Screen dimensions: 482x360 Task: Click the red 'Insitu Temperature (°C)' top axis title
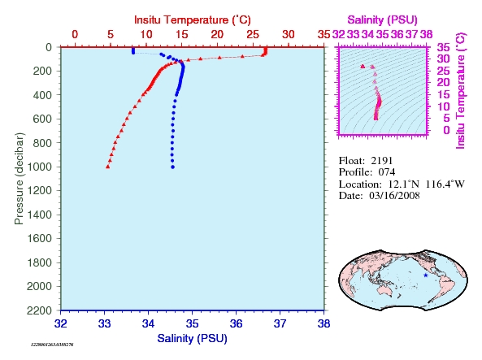click(193, 20)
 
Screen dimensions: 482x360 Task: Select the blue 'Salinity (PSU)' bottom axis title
click(192, 339)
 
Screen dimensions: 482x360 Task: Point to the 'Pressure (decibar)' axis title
click(19, 179)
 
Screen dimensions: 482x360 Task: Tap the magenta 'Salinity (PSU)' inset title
click(382, 20)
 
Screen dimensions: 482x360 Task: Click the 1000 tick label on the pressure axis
click(40, 167)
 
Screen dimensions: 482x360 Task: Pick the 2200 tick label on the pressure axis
click(39, 310)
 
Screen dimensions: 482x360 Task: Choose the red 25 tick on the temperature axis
click(253, 34)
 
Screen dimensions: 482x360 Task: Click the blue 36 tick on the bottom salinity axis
click(236, 323)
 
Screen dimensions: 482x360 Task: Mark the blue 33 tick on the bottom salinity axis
click(105, 323)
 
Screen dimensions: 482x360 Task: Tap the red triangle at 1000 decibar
click(108, 167)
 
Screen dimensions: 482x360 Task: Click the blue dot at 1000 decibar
click(173, 167)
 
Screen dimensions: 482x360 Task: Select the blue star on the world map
click(426, 275)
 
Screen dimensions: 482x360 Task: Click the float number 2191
click(382, 161)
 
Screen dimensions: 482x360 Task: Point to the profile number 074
click(387, 172)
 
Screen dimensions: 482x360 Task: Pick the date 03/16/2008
click(394, 196)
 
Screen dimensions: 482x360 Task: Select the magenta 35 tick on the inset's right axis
click(443, 47)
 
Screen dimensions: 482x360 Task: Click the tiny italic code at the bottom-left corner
click(52, 345)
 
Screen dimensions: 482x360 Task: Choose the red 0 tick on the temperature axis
click(75, 34)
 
